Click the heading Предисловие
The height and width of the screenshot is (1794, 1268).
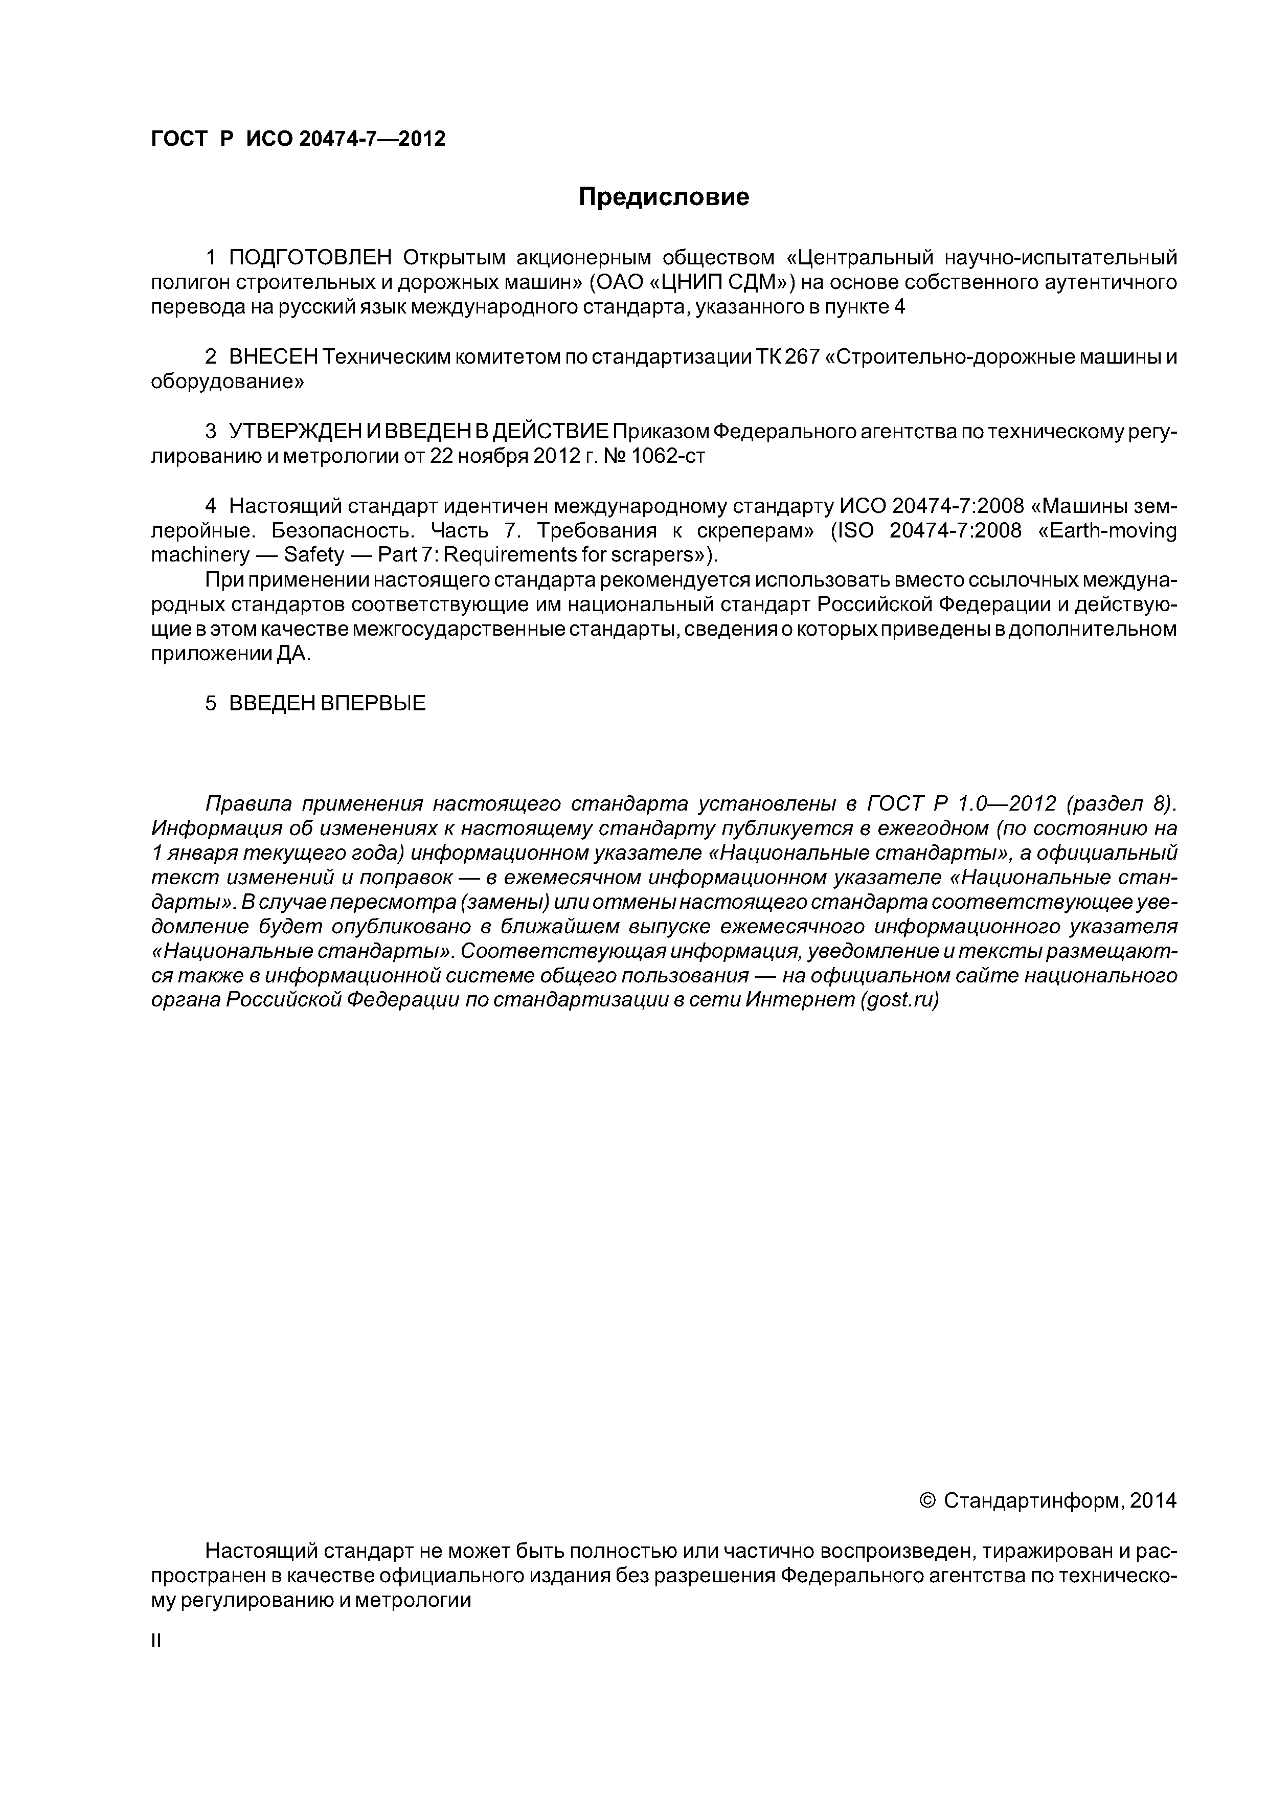pos(663,197)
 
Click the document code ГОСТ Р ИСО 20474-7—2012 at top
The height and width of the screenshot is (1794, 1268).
pos(298,139)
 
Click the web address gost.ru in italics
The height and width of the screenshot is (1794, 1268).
pos(898,1000)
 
